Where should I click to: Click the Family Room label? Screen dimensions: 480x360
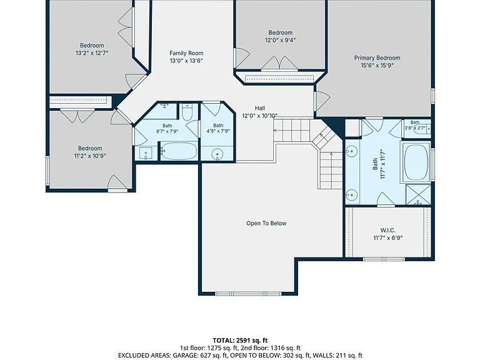[186, 53]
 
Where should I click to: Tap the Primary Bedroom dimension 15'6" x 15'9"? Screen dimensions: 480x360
[377, 65]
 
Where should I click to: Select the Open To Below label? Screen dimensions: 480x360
[266, 223]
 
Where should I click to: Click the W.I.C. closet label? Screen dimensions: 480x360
[388, 230]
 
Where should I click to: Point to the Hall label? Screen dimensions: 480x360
[260, 108]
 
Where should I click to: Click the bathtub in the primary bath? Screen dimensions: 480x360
[416, 162]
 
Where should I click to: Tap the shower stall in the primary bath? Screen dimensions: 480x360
[418, 194]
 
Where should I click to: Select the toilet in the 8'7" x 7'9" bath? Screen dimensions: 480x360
[186, 112]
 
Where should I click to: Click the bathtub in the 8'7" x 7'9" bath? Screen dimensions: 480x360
[179, 151]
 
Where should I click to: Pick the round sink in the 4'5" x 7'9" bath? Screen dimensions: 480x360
[217, 153]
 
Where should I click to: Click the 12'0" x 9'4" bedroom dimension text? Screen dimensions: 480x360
[280, 40]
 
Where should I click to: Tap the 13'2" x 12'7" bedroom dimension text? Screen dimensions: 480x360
[92, 53]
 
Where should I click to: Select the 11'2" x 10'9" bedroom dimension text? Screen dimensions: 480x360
[90, 156]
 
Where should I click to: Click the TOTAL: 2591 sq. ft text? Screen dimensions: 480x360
[240, 341]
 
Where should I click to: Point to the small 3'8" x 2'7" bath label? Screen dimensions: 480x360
[415, 126]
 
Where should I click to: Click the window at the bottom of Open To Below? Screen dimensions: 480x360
[248, 294]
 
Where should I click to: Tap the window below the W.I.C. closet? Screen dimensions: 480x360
[384, 259]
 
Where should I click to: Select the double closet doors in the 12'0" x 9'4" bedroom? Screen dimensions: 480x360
[279, 63]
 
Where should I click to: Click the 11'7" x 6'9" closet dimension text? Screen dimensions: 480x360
[388, 238]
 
